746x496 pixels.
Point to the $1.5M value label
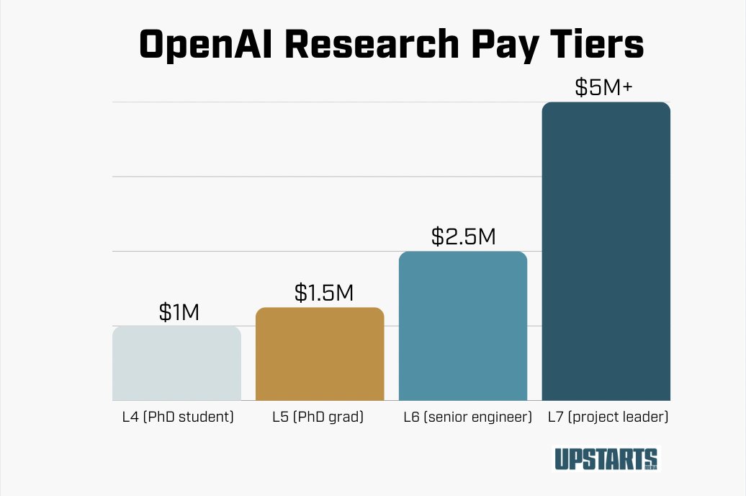coord(324,293)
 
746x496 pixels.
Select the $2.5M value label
coord(463,236)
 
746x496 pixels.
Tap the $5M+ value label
coord(603,87)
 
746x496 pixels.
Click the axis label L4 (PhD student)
coord(176,417)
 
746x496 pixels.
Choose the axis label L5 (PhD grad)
coord(318,417)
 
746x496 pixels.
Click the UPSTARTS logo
coord(605,459)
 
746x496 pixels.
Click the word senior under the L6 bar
coord(449,417)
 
